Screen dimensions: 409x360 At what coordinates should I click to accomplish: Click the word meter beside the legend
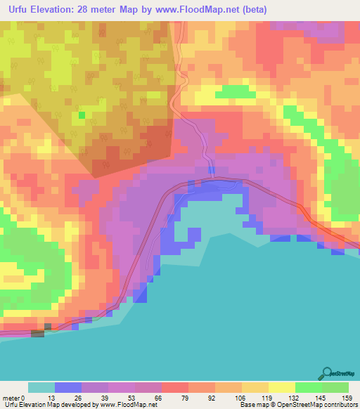click(12, 397)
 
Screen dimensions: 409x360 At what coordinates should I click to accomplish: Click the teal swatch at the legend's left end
click(41, 387)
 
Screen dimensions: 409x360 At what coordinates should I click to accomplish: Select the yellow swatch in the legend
click(281, 387)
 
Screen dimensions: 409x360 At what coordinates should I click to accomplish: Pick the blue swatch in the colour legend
click(68, 387)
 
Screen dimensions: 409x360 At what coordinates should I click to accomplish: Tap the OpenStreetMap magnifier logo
click(326, 372)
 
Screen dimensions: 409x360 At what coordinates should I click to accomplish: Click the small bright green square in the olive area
click(82, 115)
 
